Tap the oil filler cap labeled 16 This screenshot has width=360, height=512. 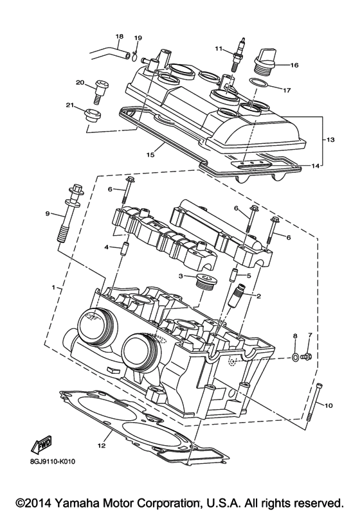pos(265,60)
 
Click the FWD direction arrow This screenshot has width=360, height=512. pos(42,445)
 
